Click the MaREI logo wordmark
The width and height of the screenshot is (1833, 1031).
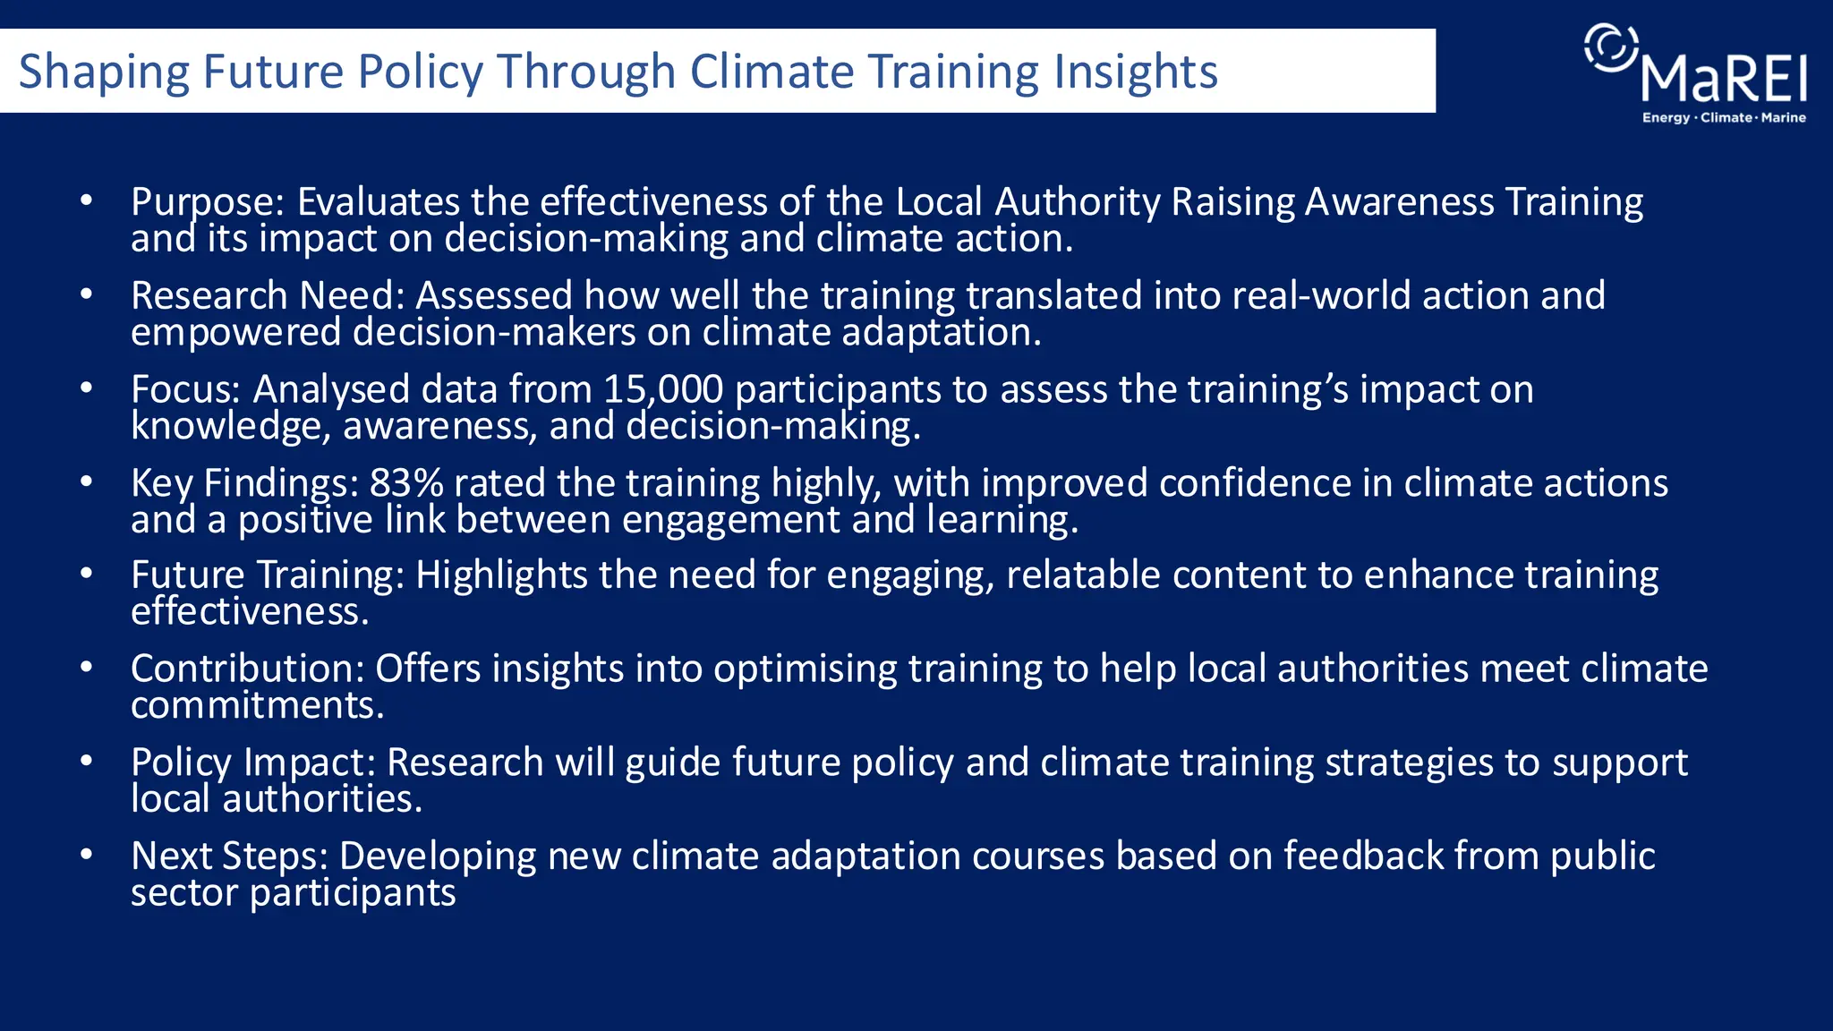(1724, 80)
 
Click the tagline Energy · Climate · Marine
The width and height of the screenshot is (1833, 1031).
(1724, 118)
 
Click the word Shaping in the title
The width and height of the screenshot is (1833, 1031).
(104, 72)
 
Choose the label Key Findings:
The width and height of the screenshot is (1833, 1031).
(244, 483)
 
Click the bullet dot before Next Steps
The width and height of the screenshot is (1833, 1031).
(86, 855)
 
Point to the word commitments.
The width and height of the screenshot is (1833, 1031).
(257, 705)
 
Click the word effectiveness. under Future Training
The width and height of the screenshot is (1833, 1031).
(250, 612)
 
